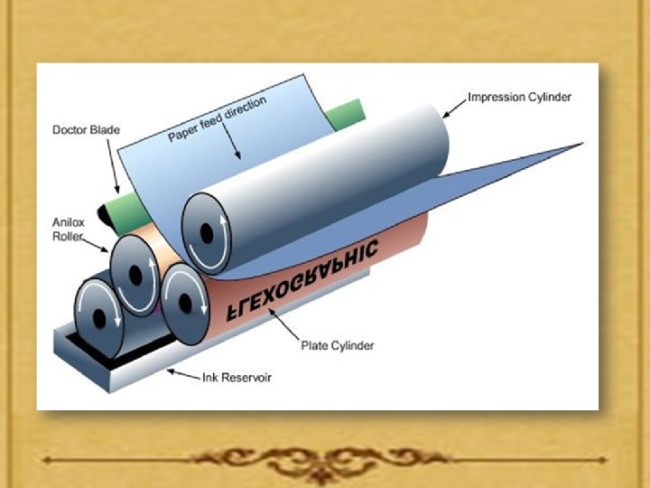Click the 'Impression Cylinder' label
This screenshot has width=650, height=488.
[x=519, y=97]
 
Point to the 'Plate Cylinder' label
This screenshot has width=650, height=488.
[x=337, y=345]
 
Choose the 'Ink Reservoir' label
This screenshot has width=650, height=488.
[x=236, y=378]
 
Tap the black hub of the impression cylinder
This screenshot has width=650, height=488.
[x=207, y=233]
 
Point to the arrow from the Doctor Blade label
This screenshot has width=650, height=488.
[x=113, y=173]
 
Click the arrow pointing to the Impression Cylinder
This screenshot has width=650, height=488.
[x=453, y=108]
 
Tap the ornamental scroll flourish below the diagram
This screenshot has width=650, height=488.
[x=324, y=461]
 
